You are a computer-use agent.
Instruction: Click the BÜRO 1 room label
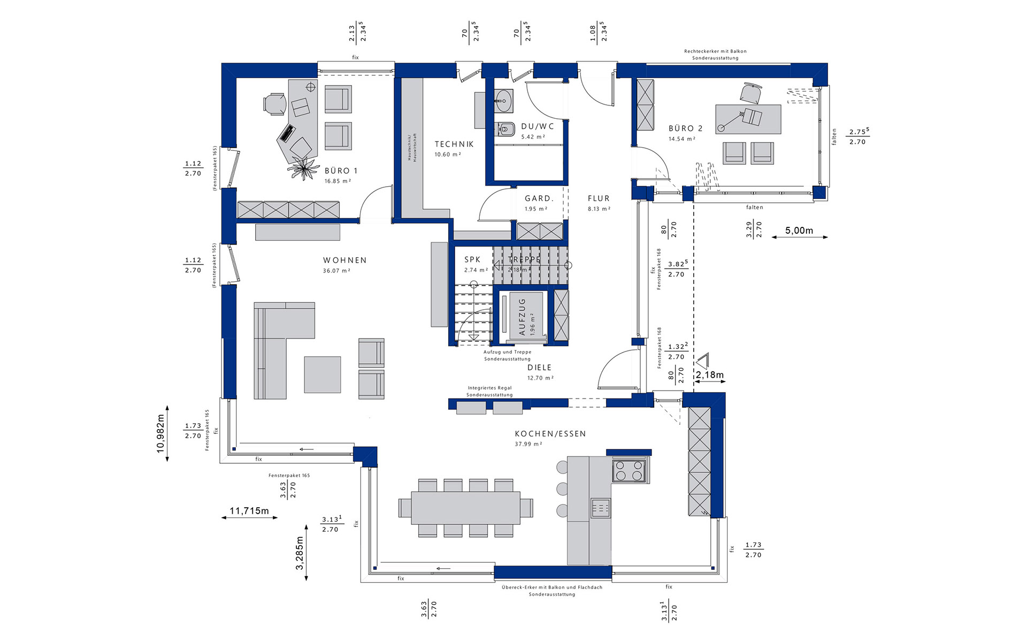click(341, 171)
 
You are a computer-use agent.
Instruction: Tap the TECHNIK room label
click(454, 144)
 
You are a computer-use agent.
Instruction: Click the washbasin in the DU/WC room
click(503, 100)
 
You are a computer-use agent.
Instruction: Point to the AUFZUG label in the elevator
click(522, 316)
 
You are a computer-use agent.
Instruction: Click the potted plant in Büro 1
click(303, 169)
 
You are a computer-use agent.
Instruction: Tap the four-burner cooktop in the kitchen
click(629, 471)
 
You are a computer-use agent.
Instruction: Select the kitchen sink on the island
click(600, 507)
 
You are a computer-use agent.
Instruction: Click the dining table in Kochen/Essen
click(465, 508)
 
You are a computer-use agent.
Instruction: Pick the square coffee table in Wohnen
click(323, 374)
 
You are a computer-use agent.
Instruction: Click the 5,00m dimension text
click(799, 231)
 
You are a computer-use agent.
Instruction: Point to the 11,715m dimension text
click(249, 511)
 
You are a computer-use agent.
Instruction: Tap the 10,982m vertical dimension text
click(161, 433)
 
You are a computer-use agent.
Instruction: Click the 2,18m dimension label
click(709, 375)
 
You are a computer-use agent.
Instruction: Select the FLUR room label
click(599, 198)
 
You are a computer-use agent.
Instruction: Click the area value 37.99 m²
click(528, 444)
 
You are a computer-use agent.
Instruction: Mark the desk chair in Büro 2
click(752, 93)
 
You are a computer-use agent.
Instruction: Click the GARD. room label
click(539, 198)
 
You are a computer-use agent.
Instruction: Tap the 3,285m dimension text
click(300, 553)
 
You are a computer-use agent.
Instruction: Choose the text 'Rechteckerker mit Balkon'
click(715, 51)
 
